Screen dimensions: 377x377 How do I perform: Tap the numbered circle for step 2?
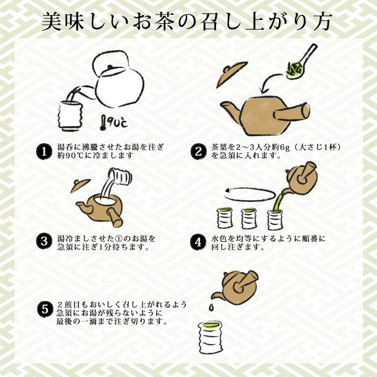[198, 151]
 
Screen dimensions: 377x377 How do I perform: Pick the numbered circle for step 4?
[198, 242]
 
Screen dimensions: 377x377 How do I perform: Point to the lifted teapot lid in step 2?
[232, 74]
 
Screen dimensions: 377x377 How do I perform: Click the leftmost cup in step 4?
[224, 218]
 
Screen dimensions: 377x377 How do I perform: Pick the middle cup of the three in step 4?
[249, 218]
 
